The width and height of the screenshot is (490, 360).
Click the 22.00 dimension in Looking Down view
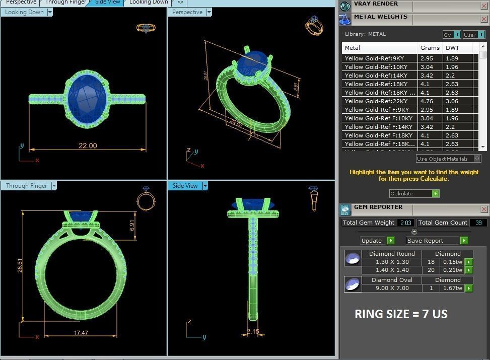point(87,146)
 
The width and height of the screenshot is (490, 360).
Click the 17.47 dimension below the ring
point(81,333)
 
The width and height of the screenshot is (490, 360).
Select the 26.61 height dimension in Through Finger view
point(20,265)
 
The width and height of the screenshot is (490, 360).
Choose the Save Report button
point(437,241)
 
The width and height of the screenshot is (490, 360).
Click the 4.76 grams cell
point(427,101)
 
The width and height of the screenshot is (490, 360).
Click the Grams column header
point(430,48)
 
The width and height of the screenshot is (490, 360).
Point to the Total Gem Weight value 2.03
point(405,223)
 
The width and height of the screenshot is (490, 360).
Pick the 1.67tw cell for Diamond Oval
point(452,288)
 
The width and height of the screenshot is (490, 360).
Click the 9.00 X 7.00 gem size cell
point(392,288)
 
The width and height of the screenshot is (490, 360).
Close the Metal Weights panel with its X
point(484,20)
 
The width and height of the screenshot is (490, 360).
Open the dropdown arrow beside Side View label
point(205,186)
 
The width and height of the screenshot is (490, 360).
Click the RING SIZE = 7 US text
point(401,314)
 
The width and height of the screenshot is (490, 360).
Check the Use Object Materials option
point(477,159)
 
